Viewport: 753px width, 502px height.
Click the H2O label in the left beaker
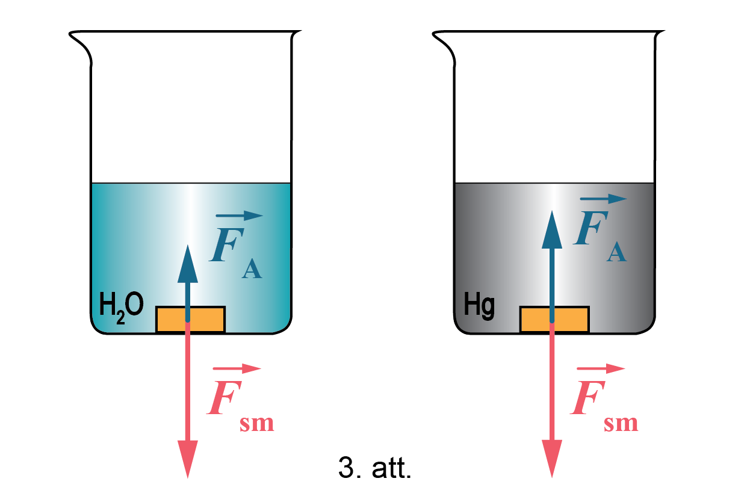[121, 306]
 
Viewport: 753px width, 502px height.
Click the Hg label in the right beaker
[480, 306]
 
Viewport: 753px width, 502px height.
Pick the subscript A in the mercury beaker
[616, 252]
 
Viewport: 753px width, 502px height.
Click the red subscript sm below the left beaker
[257, 423]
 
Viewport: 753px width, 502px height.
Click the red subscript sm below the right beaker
[621, 423]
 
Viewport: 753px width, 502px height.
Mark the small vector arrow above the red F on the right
[601, 368]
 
